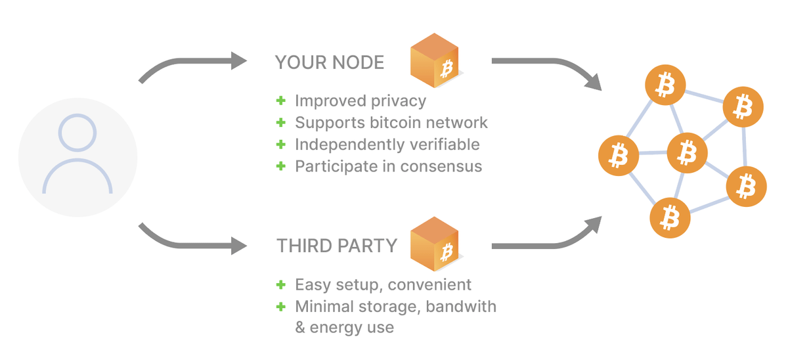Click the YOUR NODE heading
click(x=330, y=63)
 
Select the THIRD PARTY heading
click(x=337, y=246)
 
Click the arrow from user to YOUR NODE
click(x=190, y=65)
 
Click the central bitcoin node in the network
click(x=687, y=152)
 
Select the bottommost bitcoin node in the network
click(x=670, y=216)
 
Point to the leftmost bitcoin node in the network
click(x=617, y=156)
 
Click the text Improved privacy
click(x=361, y=101)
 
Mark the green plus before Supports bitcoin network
click(x=281, y=122)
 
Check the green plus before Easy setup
click(x=281, y=284)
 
